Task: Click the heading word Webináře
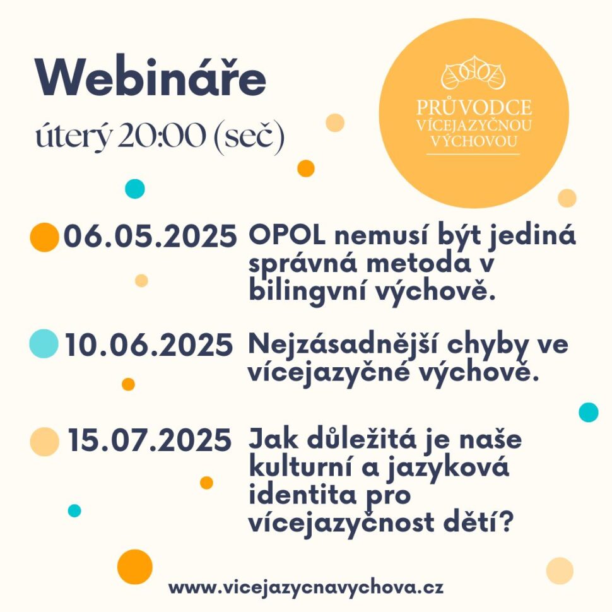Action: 151,77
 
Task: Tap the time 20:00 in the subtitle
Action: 162,136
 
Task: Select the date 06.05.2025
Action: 150,237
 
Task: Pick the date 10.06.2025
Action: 149,345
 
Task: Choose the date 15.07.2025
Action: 150,440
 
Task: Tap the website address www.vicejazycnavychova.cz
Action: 306,587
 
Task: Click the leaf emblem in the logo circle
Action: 473,73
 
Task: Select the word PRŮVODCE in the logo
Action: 474,107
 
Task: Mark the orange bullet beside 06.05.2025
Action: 45,237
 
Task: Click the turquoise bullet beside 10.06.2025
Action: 44,343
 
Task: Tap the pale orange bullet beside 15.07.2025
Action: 45,442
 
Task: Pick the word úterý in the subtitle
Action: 73,137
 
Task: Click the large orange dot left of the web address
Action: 135,567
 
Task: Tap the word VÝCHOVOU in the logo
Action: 474,141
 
